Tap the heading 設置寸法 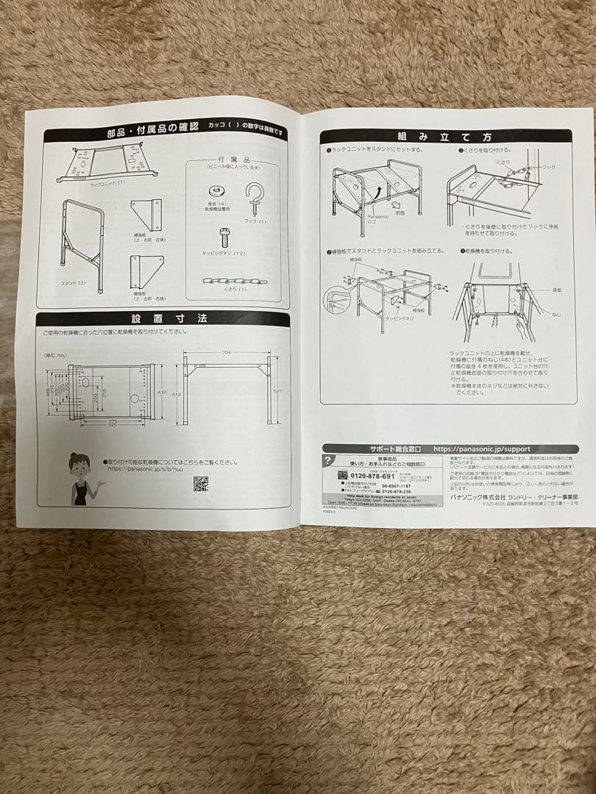coord(159,319)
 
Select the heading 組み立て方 coord(445,137)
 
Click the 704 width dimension coord(227,353)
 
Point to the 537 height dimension coord(277,391)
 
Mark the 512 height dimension coord(177,394)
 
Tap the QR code coord(200,483)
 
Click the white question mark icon coord(327,461)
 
